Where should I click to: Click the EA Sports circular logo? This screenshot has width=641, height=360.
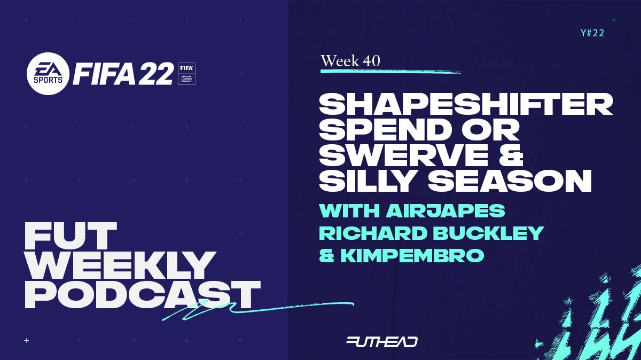pos(48,74)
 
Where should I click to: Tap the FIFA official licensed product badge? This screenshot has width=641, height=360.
pos(186,74)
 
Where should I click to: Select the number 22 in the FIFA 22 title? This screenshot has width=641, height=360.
pos(155,74)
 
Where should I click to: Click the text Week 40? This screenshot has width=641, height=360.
pos(350,61)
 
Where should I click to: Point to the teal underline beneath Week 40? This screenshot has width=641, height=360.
pos(390,71)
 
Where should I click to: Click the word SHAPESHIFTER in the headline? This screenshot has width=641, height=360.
pos(466,105)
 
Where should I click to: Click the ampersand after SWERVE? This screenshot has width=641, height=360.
pos(511,155)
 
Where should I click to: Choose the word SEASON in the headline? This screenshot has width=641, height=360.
pos(510,181)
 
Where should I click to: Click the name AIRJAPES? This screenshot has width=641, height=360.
pos(445,210)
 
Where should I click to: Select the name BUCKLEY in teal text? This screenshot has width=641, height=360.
pos(488,233)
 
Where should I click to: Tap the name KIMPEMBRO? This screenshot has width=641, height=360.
pos(412,255)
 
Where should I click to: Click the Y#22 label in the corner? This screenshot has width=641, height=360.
pos(592,33)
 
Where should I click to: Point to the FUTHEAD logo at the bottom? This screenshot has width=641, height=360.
pos(382,342)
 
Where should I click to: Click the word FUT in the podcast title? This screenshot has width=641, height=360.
pos(71,236)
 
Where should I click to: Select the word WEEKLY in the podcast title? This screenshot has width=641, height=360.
pos(120,265)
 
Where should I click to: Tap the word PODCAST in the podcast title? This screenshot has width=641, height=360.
pos(143,295)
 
